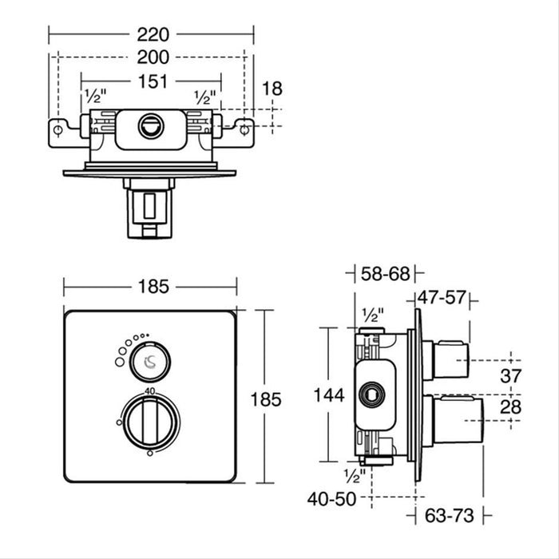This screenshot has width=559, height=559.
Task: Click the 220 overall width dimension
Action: pyautogui.click(x=152, y=34)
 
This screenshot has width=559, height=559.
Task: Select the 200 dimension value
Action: pyautogui.click(x=152, y=57)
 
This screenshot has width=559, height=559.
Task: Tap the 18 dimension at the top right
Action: pyautogui.click(x=272, y=89)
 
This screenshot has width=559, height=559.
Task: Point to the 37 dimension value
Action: pyautogui.click(x=510, y=375)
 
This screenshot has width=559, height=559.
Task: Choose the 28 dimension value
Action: pyautogui.click(x=510, y=406)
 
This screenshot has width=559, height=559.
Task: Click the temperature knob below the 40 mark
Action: pyautogui.click(x=149, y=418)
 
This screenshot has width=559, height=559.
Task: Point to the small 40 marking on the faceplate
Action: pyautogui.click(x=149, y=391)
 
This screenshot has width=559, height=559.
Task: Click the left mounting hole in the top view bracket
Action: pyautogui.click(x=58, y=129)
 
